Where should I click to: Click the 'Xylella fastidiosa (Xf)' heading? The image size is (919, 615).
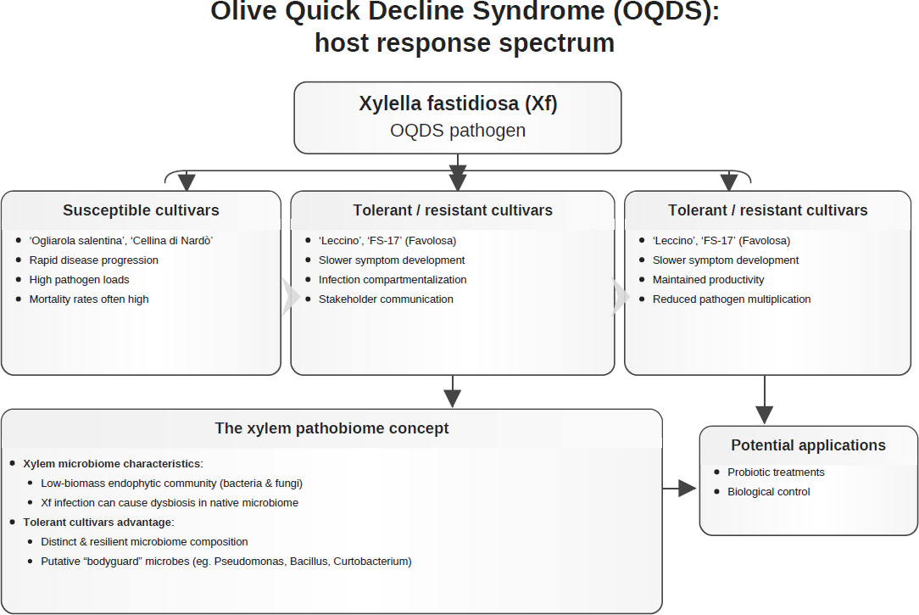(458, 103)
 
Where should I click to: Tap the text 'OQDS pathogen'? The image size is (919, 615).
(458, 130)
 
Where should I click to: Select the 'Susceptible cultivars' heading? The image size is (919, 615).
(141, 210)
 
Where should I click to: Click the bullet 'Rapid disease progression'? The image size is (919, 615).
(94, 260)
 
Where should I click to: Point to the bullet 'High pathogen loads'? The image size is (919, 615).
(79, 280)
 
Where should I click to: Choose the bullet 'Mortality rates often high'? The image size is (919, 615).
(89, 299)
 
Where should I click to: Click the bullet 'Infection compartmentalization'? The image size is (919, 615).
(393, 280)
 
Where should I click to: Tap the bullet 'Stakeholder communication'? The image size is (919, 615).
(386, 299)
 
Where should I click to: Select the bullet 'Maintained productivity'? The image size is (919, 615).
(709, 280)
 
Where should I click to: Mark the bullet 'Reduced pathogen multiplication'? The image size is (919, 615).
(732, 299)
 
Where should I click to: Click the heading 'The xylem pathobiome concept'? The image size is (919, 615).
(331, 428)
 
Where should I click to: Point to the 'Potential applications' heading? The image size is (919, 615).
(808, 445)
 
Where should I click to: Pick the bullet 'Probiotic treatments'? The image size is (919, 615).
(776, 472)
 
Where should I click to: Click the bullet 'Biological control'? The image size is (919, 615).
(769, 492)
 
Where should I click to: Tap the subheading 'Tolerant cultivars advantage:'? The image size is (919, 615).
(98, 522)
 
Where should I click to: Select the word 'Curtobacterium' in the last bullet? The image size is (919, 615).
(372, 561)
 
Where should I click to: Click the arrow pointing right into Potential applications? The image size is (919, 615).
(679, 488)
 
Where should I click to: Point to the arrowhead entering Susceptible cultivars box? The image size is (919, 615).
(187, 182)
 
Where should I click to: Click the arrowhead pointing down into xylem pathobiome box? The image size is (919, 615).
(452, 399)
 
